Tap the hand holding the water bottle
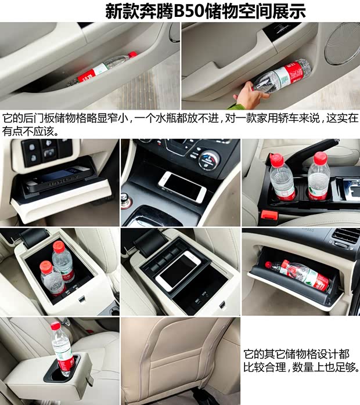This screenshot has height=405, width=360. [x=250, y=93]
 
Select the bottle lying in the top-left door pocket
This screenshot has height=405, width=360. [x=107, y=67]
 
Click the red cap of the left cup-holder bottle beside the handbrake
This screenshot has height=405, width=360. [x=275, y=157]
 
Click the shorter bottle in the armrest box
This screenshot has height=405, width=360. [x=51, y=278]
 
